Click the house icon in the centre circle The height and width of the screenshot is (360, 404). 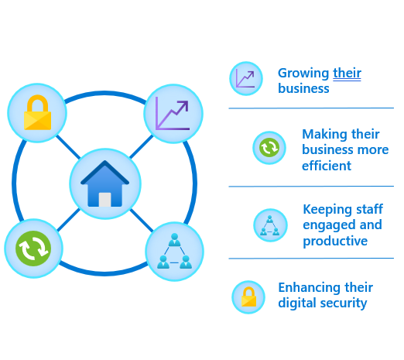[104, 183]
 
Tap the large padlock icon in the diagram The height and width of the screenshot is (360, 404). [37, 112]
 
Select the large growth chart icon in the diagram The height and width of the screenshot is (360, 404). [173, 114]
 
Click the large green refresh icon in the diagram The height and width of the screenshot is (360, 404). [33, 249]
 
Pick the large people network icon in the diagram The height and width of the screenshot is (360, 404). [174, 251]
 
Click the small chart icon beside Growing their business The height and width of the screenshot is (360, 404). [245, 79]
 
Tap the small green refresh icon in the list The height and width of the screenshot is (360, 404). [269, 148]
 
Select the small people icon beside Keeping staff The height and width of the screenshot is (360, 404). [270, 225]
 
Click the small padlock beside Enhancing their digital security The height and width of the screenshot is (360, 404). [248, 297]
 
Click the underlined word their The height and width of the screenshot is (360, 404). [347, 73]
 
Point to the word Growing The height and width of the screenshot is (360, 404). [303, 74]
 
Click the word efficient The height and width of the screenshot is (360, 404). [327, 166]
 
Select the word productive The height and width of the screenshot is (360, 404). [335, 241]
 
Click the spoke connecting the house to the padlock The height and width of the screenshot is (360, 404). [68, 147]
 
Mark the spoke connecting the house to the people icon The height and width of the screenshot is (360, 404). [142, 221]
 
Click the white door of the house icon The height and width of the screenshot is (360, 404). [105, 200]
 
